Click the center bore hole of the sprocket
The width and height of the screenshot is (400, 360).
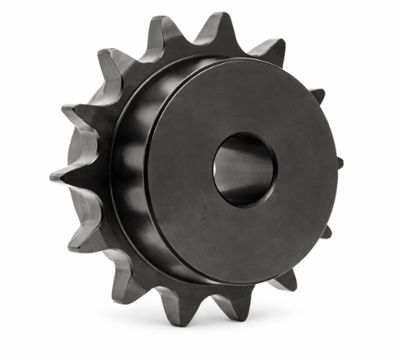[244, 169]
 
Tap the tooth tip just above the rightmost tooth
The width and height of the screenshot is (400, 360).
[318, 94]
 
